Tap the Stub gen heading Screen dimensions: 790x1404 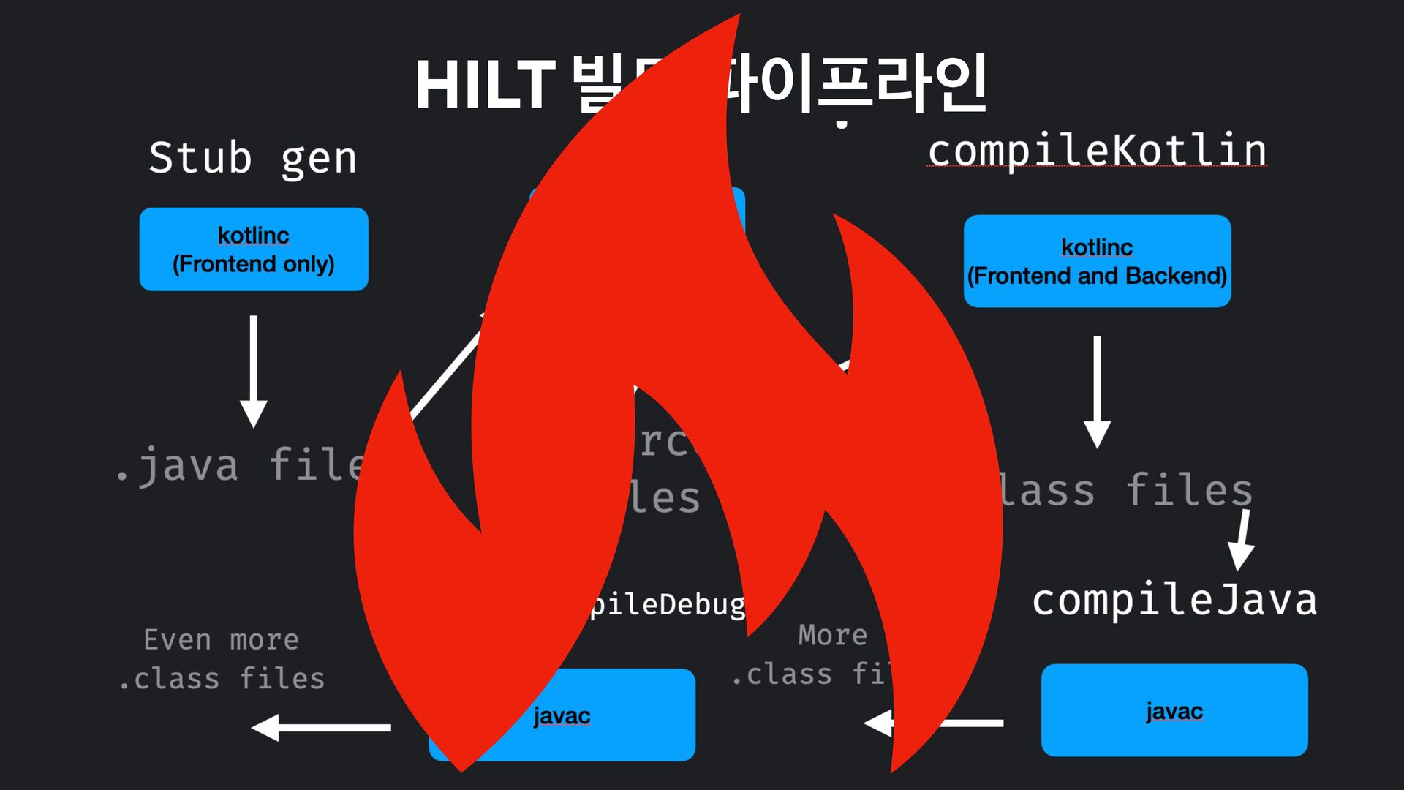253,158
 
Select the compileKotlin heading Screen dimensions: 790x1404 1097,150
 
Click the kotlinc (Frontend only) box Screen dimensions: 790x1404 254,249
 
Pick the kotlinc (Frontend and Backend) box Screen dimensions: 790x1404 1097,261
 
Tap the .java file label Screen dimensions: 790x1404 241,465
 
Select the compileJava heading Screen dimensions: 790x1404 1174,600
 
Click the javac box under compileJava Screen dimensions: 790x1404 1174,710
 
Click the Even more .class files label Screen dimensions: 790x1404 222,659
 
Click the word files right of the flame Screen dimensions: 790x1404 1189,490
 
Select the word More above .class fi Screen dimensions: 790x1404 832,635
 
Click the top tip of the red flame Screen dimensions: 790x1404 737,18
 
